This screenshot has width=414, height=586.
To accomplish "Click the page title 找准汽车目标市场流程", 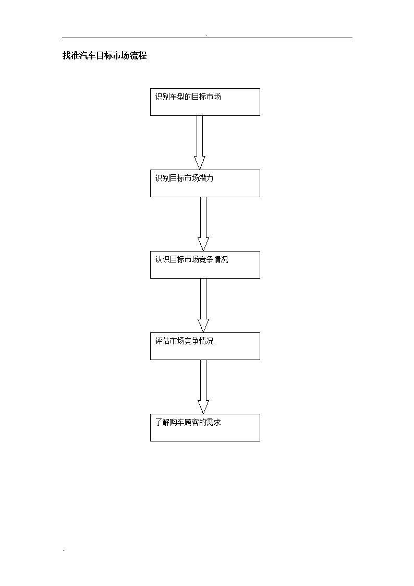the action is tap(104, 56).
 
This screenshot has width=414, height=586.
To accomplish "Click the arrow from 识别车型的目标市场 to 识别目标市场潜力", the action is tap(200, 143).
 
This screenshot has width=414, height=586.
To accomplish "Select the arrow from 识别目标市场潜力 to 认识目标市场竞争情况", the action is tap(203, 224).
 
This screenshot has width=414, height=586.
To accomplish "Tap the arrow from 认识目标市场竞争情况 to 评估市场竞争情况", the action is tap(203, 306).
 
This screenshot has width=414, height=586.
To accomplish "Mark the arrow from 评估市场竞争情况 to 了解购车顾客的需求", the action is tap(203, 387).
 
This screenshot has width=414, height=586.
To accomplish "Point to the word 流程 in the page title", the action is tap(138, 56).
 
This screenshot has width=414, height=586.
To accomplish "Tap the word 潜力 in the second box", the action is tap(206, 178).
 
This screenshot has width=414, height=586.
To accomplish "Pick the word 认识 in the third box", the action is tap(162, 260).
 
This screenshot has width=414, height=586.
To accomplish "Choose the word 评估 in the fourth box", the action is tap(162, 341).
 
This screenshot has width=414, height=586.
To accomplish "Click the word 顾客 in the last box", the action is tap(192, 423).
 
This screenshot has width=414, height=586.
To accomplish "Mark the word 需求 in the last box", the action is tap(214, 423).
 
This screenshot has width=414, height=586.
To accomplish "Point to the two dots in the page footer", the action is tap(64, 551).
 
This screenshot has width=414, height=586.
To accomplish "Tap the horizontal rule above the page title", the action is tap(207, 38).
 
